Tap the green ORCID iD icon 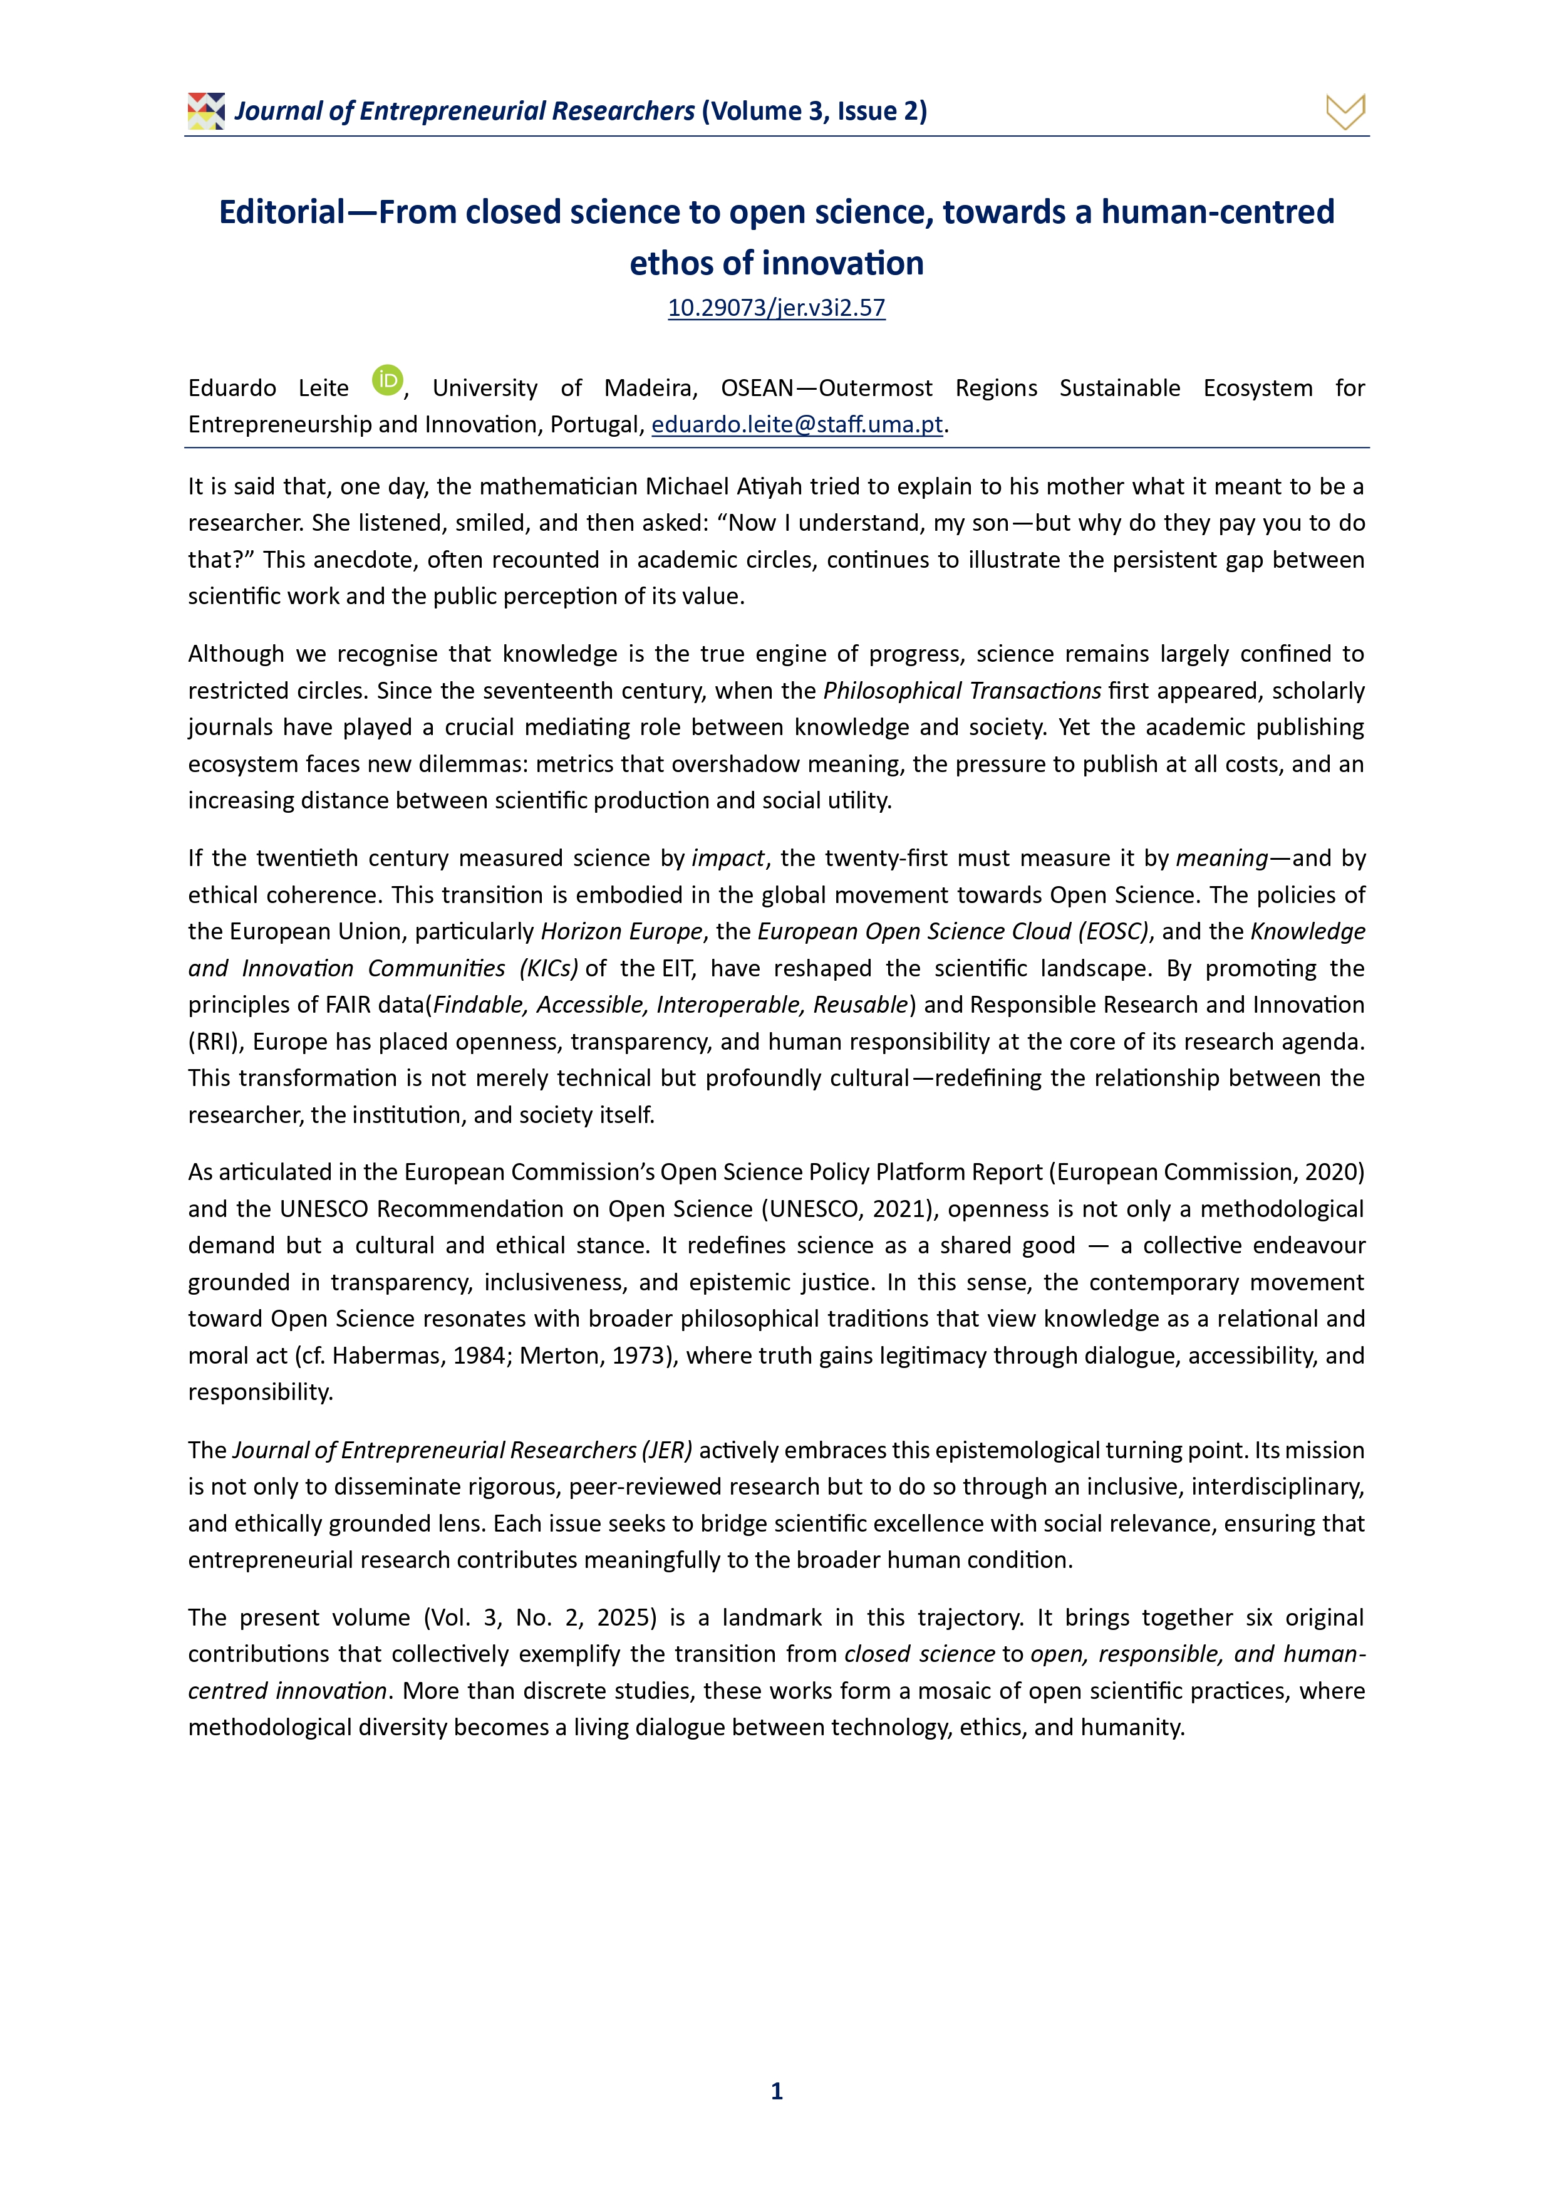click(x=387, y=380)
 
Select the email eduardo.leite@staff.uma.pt click(x=797, y=424)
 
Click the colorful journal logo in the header click(x=206, y=111)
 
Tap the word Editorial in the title click(x=281, y=212)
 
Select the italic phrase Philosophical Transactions click(x=962, y=691)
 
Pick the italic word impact click(x=728, y=858)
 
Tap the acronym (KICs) click(x=549, y=968)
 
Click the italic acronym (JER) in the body click(x=667, y=1450)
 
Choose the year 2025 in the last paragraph click(x=626, y=1617)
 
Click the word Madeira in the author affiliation click(x=649, y=388)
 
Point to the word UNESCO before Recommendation click(x=324, y=1209)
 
